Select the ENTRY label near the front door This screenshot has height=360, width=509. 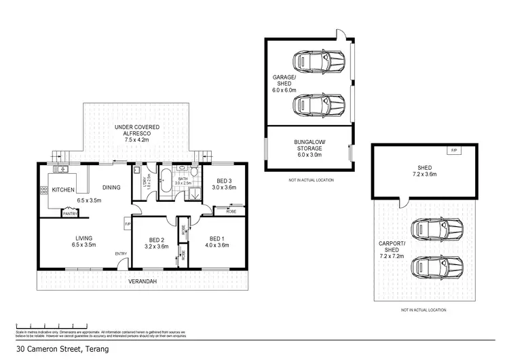tap(121, 254)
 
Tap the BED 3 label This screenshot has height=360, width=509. tap(223, 179)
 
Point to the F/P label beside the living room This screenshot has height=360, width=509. tap(127, 224)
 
